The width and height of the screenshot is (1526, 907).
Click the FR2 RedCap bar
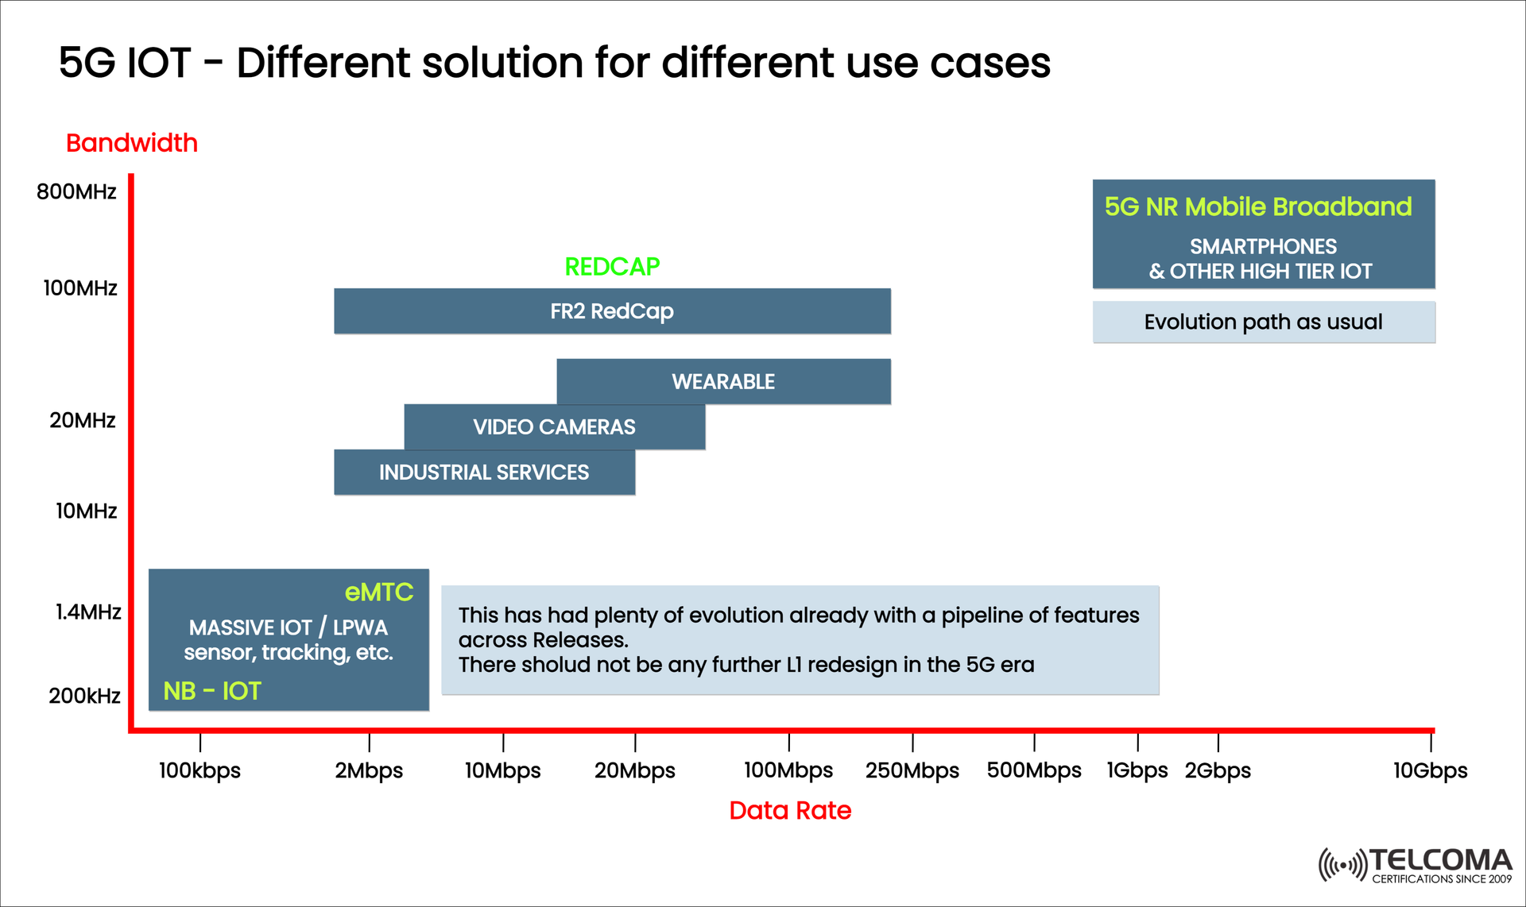pyautogui.click(x=612, y=311)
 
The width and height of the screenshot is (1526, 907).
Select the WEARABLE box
pyautogui.click(x=723, y=382)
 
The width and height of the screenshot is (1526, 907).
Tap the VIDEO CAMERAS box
pyautogui.click(x=554, y=427)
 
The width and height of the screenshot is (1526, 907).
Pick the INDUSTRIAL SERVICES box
pyautogui.click(x=484, y=473)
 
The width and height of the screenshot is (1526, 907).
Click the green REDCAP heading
pyautogui.click(x=612, y=267)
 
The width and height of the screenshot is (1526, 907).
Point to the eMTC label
pyautogui.click(x=379, y=592)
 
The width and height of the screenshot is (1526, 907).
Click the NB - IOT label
pyautogui.click(x=211, y=691)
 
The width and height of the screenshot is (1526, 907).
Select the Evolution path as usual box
pyautogui.click(x=1263, y=322)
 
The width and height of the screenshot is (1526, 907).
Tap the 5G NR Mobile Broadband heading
pyautogui.click(x=1257, y=207)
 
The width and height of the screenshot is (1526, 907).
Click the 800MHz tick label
pyautogui.click(x=76, y=192)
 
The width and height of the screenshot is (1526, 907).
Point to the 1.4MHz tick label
pyautogui.click(x=87, y=612)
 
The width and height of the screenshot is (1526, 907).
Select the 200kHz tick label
pyautogui.click(x=84, y=697)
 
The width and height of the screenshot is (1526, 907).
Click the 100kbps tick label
pyautogui.click(x=199, y=770)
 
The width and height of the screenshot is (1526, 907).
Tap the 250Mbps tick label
pyautogui.click(x=912, y=770)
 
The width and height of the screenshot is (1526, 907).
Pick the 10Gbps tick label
pyautogui.click(x=1430, y=770)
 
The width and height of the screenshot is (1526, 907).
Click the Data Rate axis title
pyautogui.click(x=790, y=810)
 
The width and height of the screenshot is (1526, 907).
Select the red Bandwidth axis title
pyautogui.click(x=132, y=143)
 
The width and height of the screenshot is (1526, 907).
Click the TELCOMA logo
pyautogui.click(x=1416, y=865)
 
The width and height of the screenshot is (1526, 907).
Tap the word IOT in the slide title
pyautogui.click(x=159, y=63)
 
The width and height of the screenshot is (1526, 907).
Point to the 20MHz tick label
pyautogui.click(x=83, y=420)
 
